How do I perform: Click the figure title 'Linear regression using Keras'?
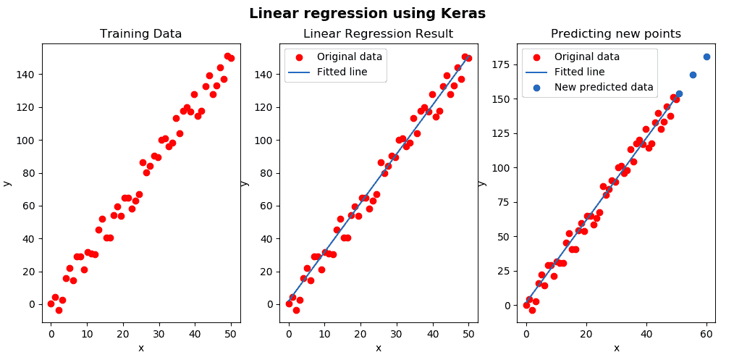click(367, 13)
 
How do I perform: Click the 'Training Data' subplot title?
click(140, 33)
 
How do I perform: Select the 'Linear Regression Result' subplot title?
click(378, 33)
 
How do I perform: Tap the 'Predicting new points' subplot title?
click(615, 33)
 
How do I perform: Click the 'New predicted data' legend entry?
click(604, 88)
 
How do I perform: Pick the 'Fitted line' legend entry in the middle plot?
click(342, 72)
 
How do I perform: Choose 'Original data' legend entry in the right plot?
click(587, 56)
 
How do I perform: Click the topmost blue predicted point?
click(706, 56)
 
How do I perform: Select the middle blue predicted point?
click(693, 75)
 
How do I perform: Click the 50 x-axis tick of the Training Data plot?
click(231, 333)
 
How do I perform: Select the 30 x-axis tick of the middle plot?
click(396, 333)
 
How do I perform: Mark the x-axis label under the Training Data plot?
click(140, 348)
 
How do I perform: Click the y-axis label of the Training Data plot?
click(7, 183)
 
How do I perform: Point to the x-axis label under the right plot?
click(616, 348)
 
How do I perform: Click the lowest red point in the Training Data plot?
click(59, 310)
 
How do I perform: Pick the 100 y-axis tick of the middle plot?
click(266, 140)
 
